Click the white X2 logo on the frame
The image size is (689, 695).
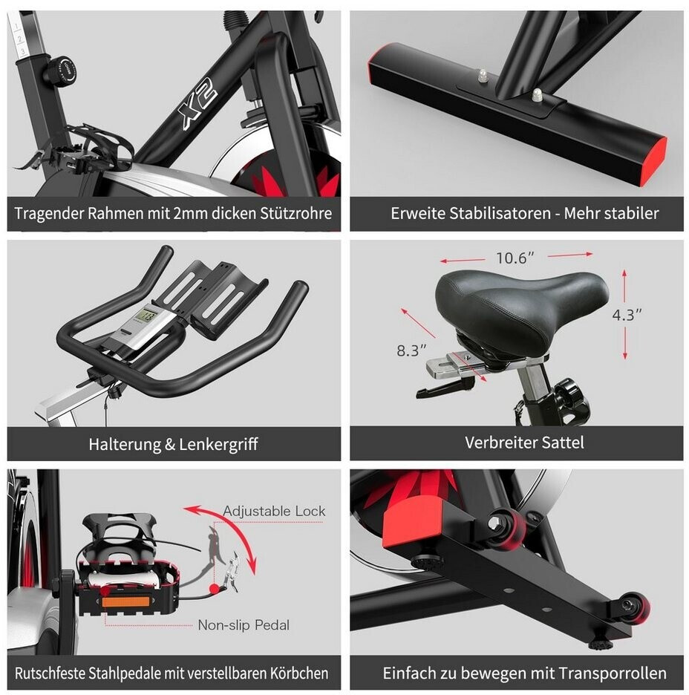coord(198,105)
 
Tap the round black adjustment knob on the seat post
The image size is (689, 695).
coord(60,70)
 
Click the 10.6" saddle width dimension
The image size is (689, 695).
coord(515,258)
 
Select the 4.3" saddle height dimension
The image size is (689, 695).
coord(627,315)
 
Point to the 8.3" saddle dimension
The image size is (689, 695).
coord(411,350)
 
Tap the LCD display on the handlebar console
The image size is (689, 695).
coord(145,318)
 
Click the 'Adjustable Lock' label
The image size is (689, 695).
coord(274,511)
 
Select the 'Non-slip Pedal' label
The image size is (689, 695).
coord(244,625)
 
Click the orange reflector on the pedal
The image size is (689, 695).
coord(125,601)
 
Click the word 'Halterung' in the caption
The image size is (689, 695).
coord(125,444)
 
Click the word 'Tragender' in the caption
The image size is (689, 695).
coord(49,213)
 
